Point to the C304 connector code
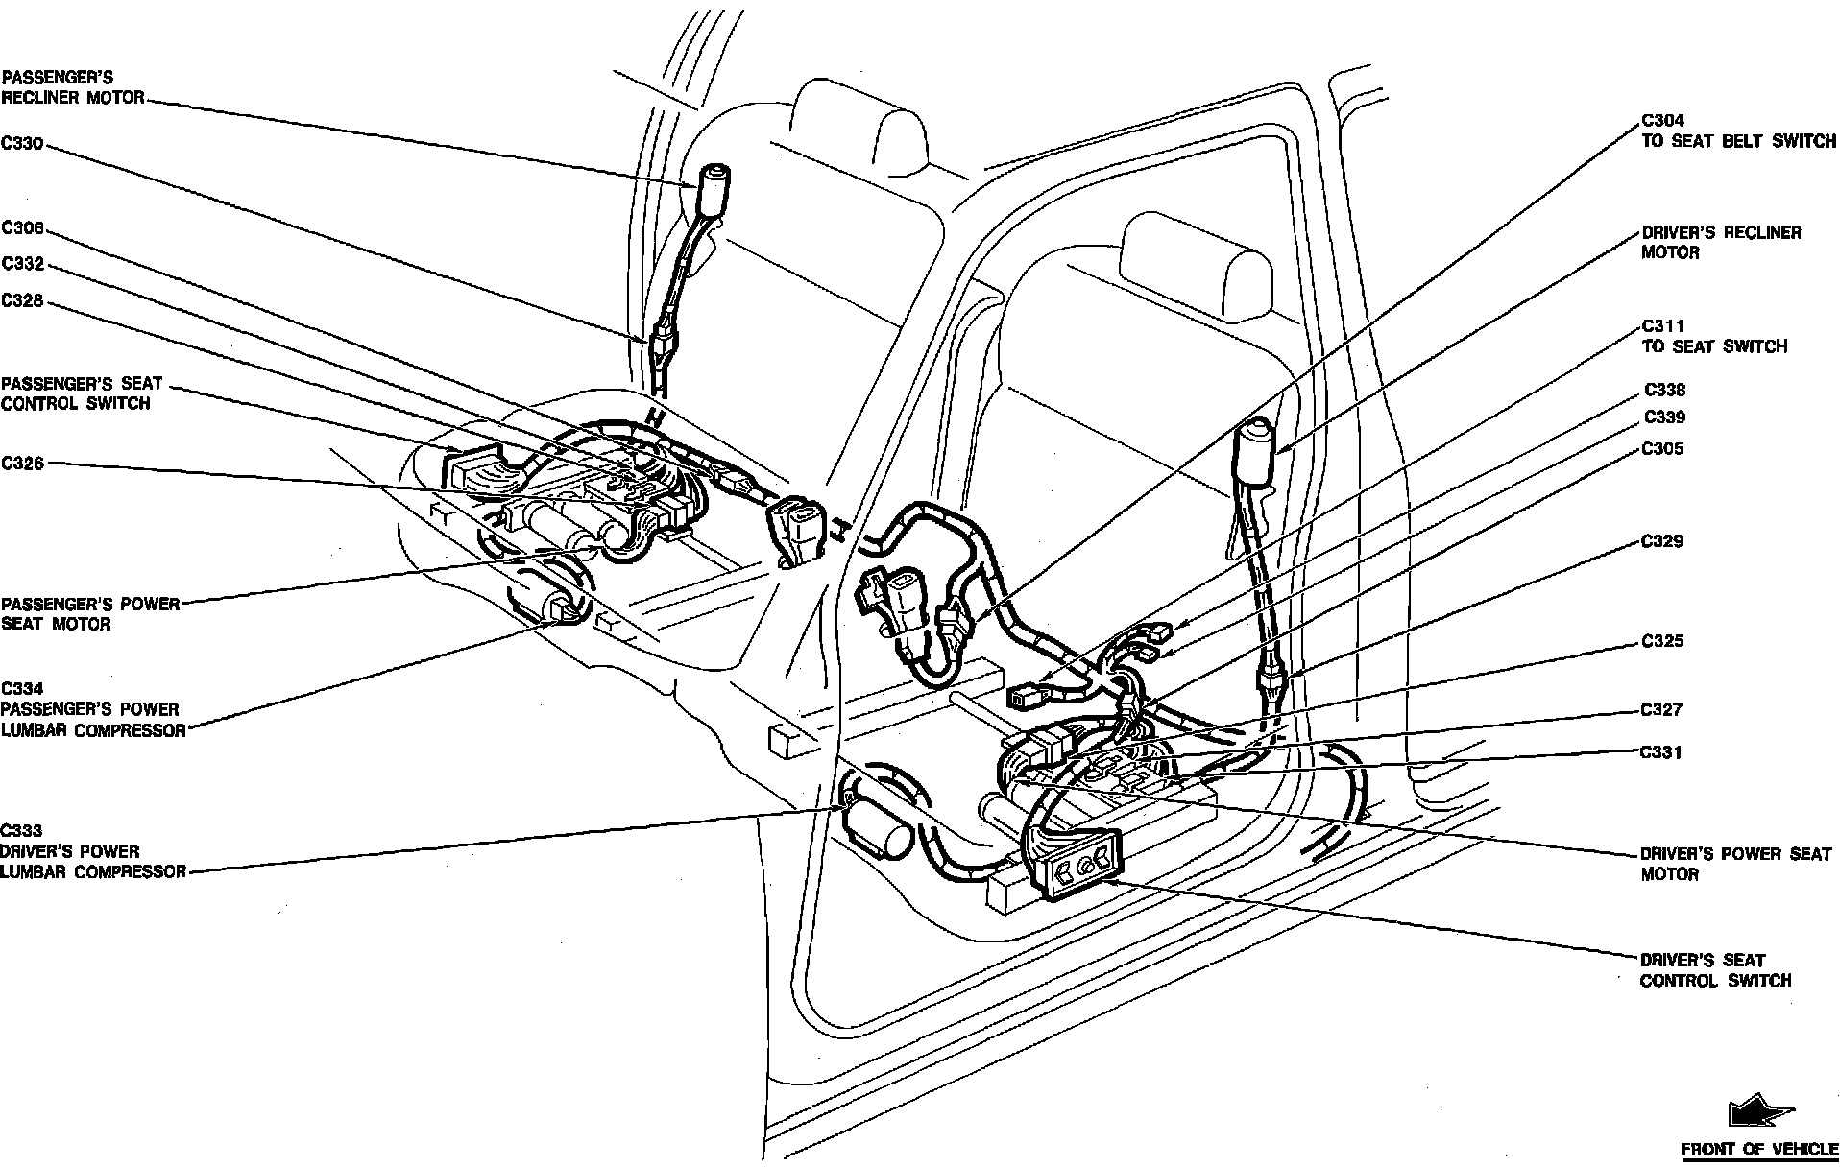coord(1661,121)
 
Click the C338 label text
coord(1664,391)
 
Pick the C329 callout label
coord(1662,541)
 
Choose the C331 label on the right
coord(1661,752)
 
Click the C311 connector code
coord(1662,326)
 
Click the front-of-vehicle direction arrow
coord(1757,1113)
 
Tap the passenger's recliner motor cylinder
coord(713,190)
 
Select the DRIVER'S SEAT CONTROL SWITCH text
coord(1714,970)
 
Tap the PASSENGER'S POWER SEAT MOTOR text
coord(90,614)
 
